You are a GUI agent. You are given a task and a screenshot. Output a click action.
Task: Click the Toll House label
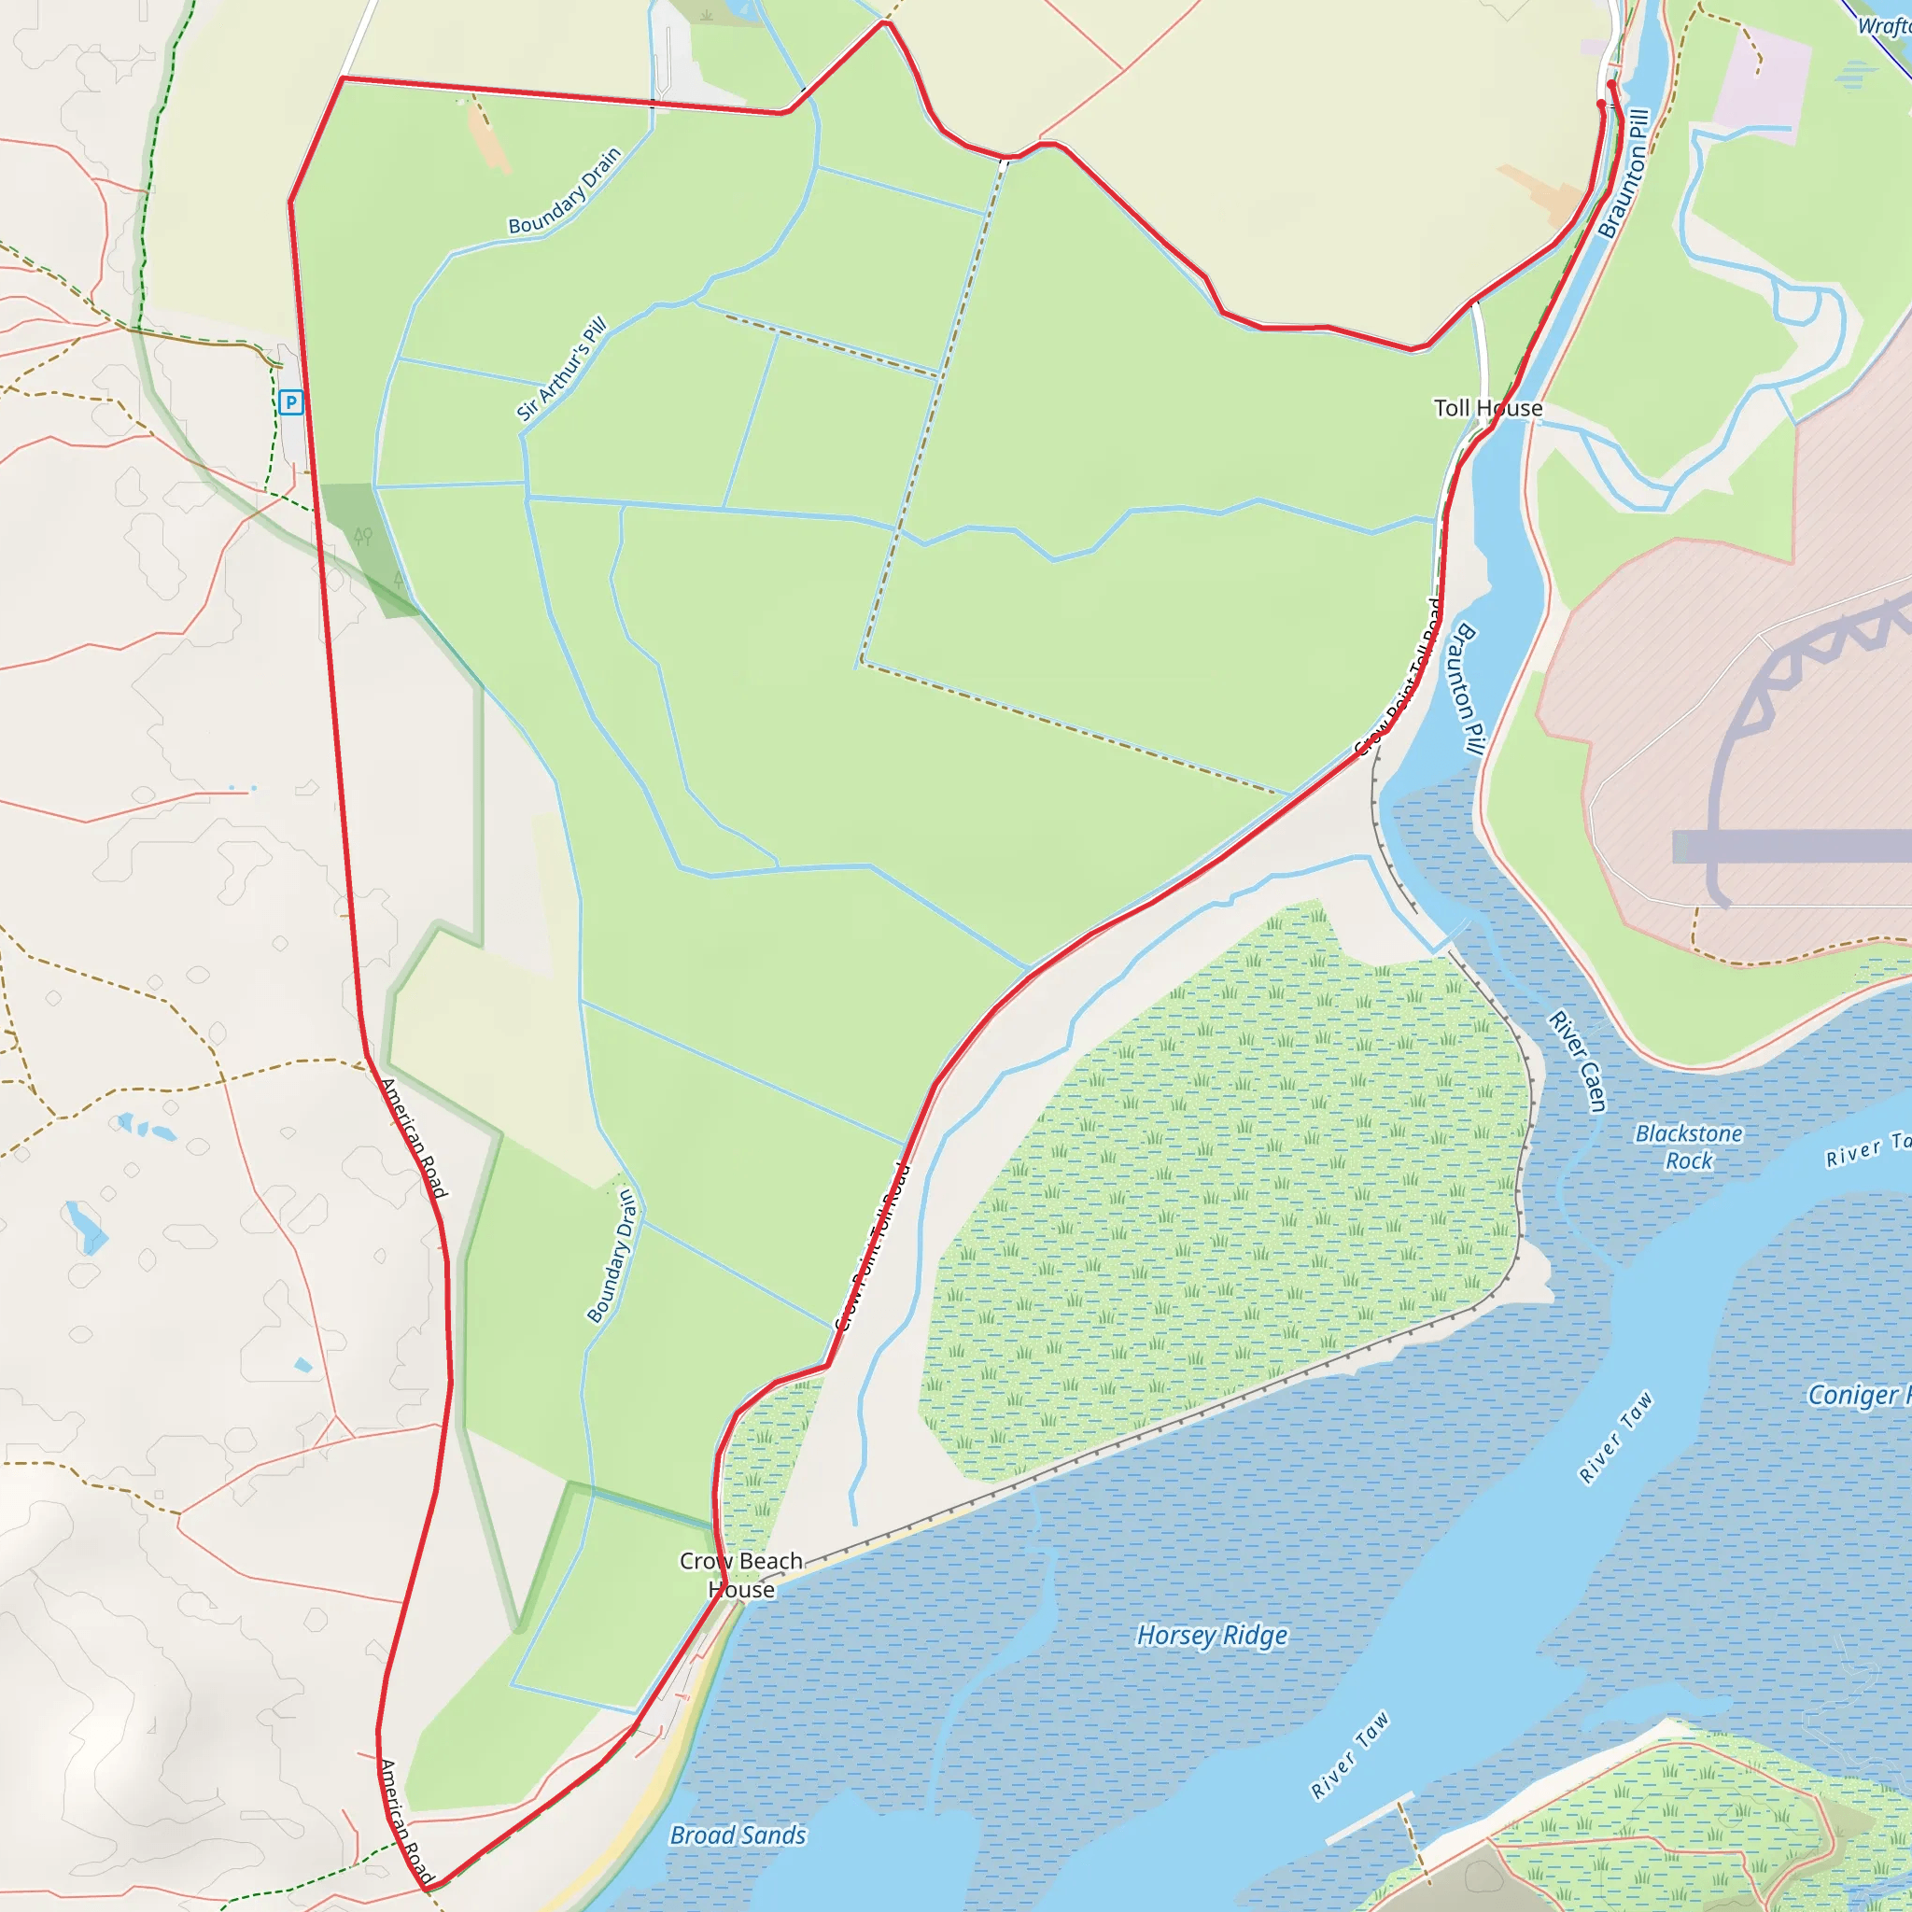[1487, 408]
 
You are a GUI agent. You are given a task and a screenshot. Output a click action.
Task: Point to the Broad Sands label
[738, 1835]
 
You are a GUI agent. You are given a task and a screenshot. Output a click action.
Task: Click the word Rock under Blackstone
[1688, 1160]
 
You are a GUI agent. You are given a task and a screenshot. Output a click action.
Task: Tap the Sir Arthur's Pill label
[561, 368]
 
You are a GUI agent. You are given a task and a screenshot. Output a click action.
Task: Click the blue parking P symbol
[290, 401]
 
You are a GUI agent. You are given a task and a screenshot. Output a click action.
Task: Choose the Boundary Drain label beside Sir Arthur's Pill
[564, 190]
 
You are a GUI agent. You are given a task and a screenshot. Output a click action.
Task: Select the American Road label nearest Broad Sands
[406, 1821]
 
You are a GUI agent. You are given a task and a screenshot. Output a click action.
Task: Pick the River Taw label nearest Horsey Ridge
[1350, 1754]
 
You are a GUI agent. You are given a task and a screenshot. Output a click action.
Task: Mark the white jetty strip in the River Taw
[1370, 1817]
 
